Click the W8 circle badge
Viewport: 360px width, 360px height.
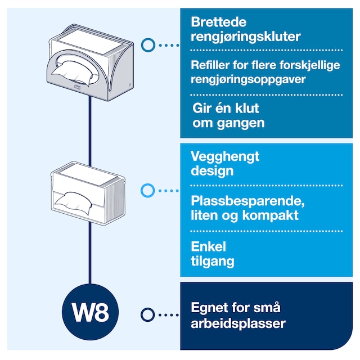91,313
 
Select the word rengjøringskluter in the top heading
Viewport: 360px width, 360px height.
246,38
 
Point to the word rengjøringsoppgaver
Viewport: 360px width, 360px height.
248,79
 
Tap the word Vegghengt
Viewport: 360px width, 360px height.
225,156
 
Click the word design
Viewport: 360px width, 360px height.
211,170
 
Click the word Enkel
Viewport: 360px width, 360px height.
208,246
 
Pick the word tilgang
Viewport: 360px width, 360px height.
213,261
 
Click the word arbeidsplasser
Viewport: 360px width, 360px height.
238,323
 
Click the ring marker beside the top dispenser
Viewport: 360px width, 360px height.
148,44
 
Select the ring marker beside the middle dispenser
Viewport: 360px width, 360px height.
147,191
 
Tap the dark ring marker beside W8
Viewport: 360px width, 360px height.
148,314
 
